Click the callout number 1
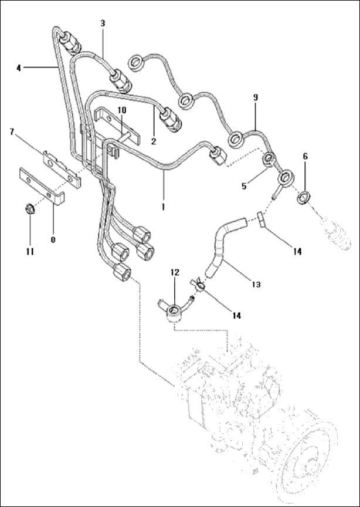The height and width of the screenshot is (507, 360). (163, 207)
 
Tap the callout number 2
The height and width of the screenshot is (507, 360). (153, 141)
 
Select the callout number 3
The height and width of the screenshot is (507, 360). (103, 23)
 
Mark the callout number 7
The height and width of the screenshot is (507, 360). (11, 131)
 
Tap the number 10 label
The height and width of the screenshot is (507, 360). (122, 110)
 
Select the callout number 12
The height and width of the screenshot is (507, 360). (174, 272)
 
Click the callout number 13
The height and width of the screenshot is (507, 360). (253, 284)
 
